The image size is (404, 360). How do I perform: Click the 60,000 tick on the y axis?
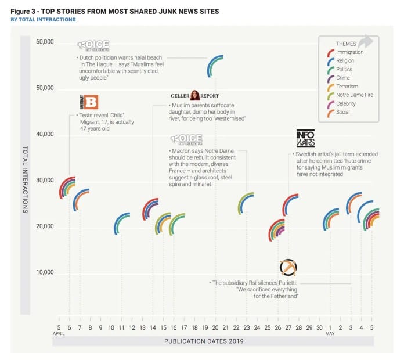[45, 42]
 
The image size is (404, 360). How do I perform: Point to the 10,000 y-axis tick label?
[45, 272]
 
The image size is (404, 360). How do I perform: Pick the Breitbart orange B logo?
[89, 102]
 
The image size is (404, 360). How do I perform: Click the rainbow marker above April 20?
[215, 66]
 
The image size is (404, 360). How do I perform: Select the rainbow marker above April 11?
[122, 224]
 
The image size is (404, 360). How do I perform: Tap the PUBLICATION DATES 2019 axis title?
[214, 343]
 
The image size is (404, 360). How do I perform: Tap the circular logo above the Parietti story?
[288, 268]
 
